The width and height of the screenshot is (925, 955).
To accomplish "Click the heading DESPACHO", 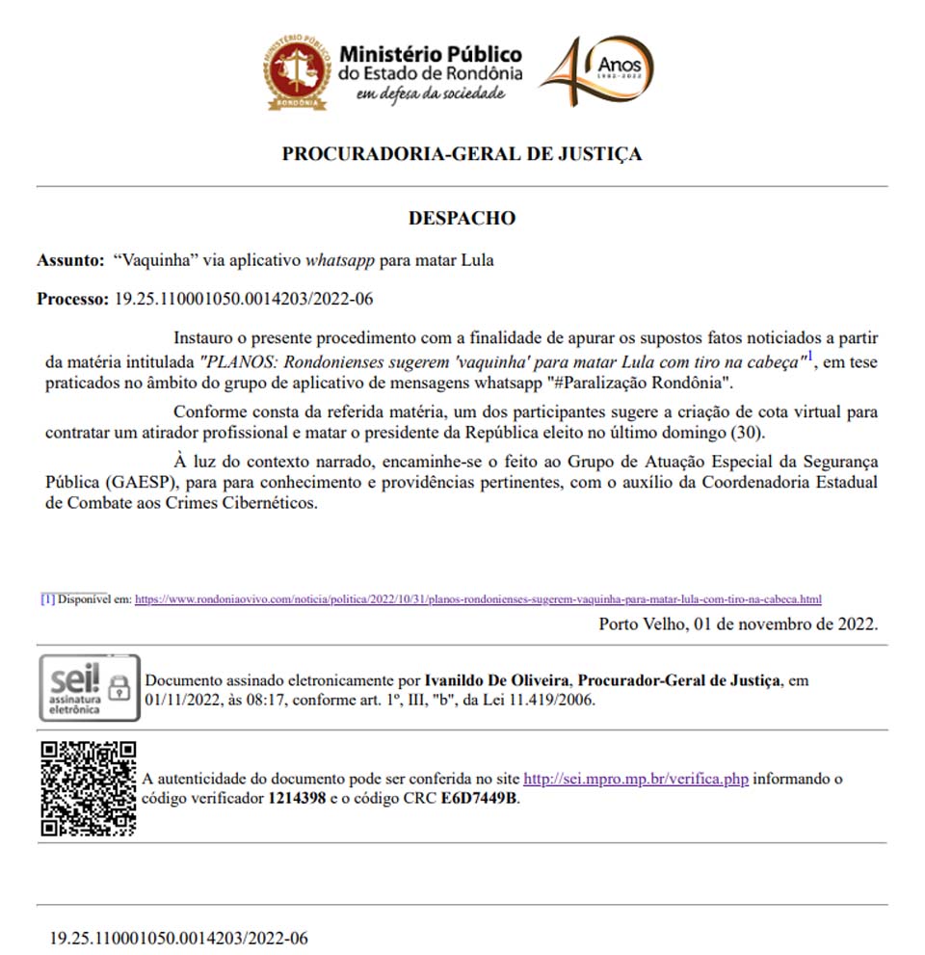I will (x=462, y=218).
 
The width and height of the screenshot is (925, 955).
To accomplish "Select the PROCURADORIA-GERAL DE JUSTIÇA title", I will (x=462, y=154).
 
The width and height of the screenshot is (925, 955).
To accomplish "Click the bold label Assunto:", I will (x=69, y=260).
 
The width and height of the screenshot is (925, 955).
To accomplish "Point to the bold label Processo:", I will (x=73, y=299).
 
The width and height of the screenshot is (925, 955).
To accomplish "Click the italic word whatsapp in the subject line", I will (x=340, y=260).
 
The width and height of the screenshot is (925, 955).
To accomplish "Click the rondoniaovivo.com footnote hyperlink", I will (x=478, y=598).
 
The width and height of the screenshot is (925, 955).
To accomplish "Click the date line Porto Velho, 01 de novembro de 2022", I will (x=738, y=623).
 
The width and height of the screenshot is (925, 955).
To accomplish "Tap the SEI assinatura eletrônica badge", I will (x=87, y=687).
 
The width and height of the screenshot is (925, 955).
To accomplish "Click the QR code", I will (x=89, y=787).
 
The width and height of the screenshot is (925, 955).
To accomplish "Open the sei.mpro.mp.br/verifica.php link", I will (x=636, y=778).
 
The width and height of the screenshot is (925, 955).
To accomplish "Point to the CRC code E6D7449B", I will (x=479, y=798).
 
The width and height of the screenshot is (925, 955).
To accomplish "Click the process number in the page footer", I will (x=179, y=938).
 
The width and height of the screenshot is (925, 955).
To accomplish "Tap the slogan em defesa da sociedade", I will (x=430, y=93).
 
